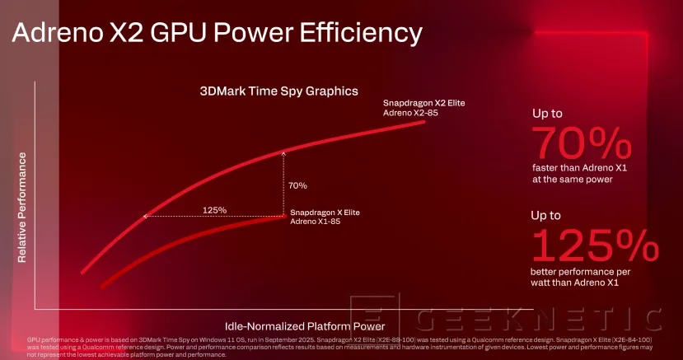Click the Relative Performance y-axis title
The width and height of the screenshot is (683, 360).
tap(22, 207)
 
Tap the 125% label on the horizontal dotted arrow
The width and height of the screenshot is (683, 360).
tap(215, 209)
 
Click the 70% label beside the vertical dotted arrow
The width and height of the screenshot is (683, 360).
tap(298, 186)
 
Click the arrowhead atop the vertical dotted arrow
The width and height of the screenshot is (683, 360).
tap(283, 152)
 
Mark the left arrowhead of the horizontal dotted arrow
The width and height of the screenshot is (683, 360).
tap(146, 217)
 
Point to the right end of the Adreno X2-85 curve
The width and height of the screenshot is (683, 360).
tap(425, 120)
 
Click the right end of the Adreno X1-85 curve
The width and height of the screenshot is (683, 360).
tap(283, 217)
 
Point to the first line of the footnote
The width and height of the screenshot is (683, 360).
tap(330, 339)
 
